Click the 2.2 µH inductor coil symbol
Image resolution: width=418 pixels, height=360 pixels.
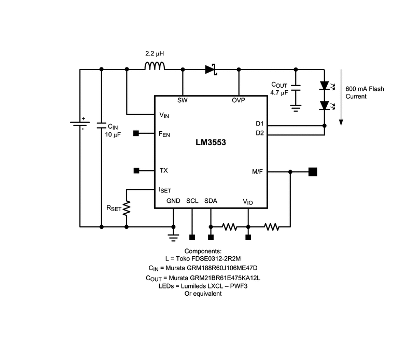[x=155, y=66]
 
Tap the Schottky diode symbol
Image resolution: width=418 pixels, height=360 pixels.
[x=211, y=70]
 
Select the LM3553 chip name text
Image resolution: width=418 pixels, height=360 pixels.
[x=211, y=143]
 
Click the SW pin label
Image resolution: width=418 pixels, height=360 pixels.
[x=183, y=100]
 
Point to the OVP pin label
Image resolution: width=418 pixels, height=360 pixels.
[x=239, y=100]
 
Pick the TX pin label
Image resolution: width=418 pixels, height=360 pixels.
[x=164, y=170]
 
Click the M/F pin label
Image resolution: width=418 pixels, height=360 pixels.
[x=257, y=172]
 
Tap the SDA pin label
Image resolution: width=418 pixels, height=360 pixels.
[x=211, y=201]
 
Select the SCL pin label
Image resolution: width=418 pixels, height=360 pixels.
[x=192, y=201]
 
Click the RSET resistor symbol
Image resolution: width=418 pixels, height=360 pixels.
[x=127, y=208]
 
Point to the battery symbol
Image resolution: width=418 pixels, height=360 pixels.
[x=80, y=124]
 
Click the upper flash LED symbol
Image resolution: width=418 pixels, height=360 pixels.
[x=326, y=86]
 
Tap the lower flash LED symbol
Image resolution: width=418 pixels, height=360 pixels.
[x=326, y=106]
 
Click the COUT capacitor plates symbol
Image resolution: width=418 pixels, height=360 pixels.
[x=296, y=88]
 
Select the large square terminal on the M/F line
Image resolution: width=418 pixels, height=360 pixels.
[x=313, y=172]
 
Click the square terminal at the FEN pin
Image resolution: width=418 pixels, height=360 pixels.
[x=136, y=133]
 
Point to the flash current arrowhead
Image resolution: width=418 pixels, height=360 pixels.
[x=341, y=122]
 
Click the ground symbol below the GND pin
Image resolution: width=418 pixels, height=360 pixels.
[x=173, y=237]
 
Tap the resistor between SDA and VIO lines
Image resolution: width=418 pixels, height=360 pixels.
[x=229, y=227]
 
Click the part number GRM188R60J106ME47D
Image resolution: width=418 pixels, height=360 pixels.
[x=212, y=268]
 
